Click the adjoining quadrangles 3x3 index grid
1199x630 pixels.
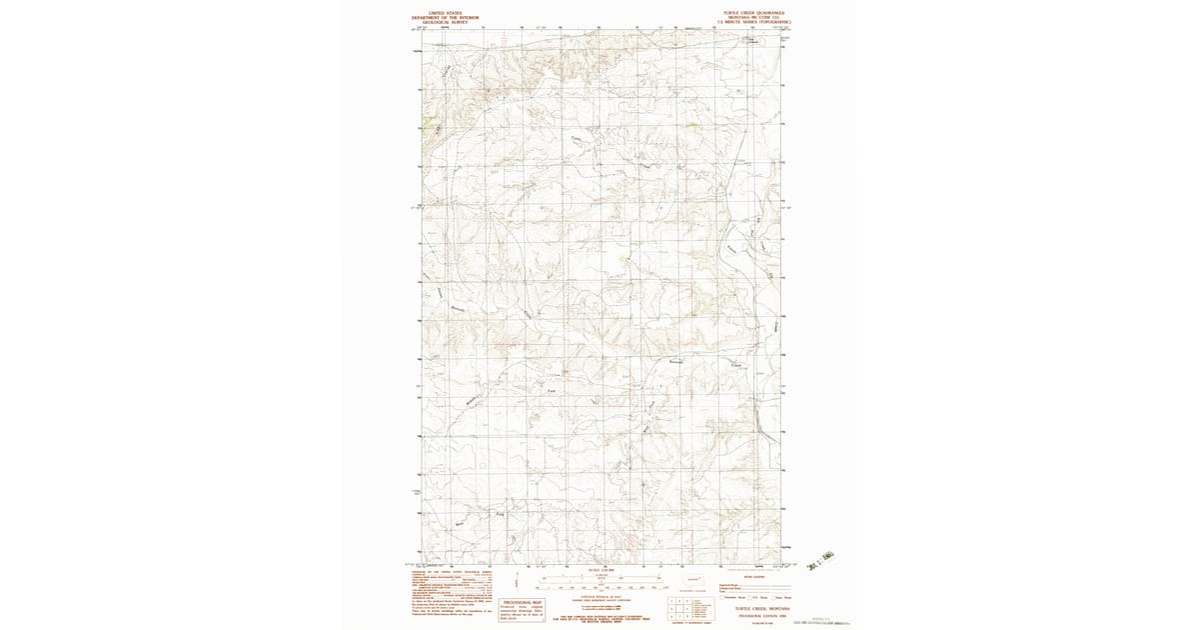(680, 604)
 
